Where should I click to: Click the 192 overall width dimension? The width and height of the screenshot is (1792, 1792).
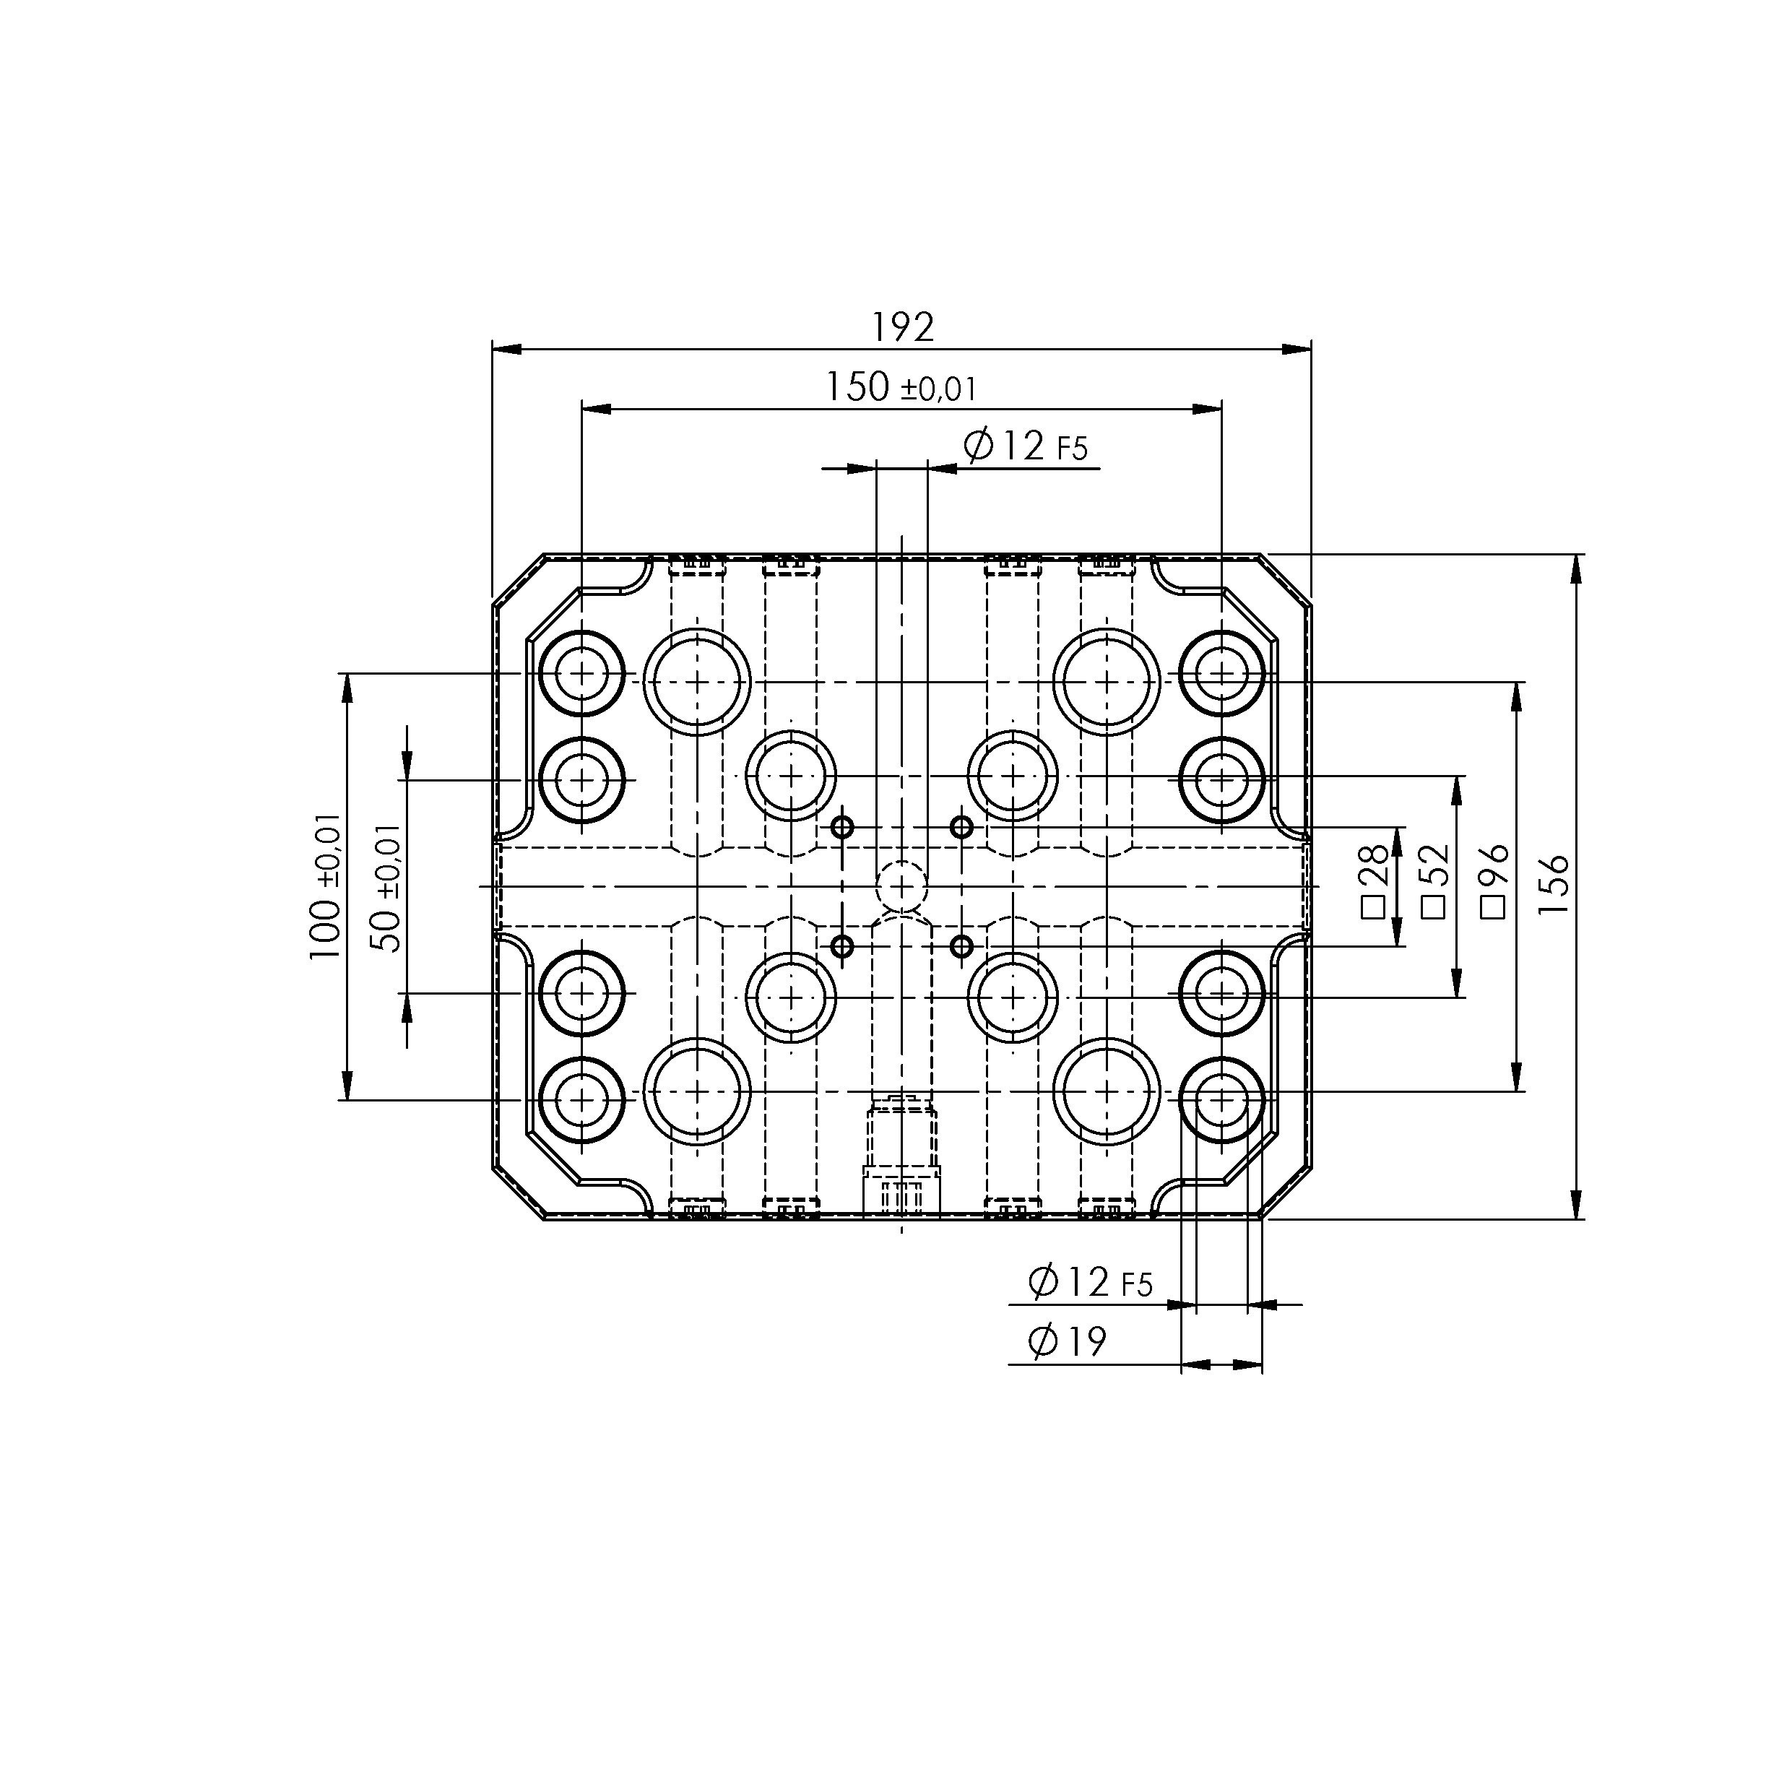point(902,327)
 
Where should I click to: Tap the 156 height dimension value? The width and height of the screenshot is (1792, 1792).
point(1554,885)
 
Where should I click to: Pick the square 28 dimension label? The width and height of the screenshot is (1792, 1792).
point(1375,880)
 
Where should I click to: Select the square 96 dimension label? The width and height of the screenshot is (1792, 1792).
point(1494,880)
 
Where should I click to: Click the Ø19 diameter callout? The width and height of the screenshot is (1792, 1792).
point(1068,1342)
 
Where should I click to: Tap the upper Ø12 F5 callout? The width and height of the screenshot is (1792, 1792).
point(1025,446)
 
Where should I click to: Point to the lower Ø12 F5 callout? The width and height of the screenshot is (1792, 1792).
point(1090,1283)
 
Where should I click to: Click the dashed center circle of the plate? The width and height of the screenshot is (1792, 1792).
point(901,888)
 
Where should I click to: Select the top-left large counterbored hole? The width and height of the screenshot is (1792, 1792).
point(696,682)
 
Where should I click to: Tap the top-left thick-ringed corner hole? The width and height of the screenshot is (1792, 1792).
point(581,673)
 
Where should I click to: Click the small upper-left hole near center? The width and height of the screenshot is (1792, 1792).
point(842,826)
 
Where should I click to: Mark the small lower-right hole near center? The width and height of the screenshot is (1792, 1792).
point(962,946)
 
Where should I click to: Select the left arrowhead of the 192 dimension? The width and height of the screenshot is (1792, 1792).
point(506,350)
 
